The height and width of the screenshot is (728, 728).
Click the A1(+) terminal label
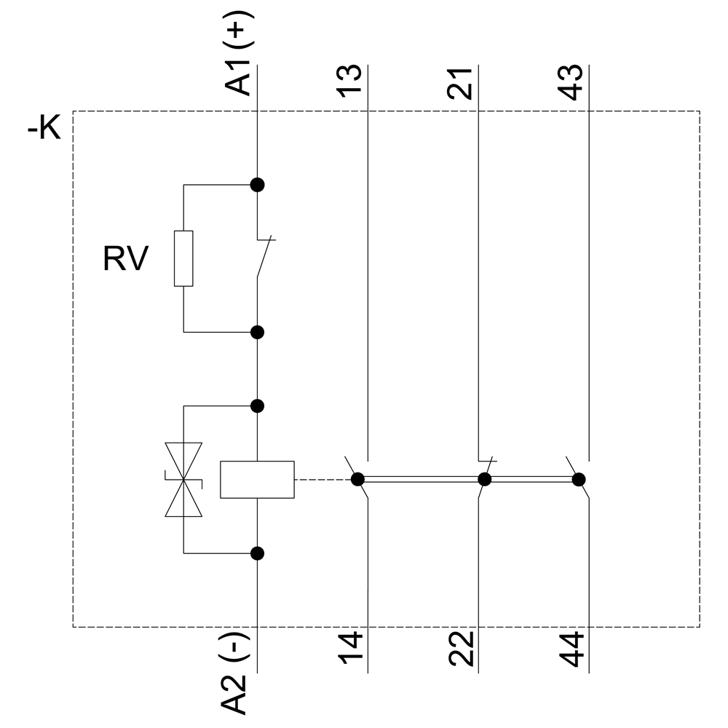click(x=240, y=61)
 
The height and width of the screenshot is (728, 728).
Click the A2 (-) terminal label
click(x=240, y=673)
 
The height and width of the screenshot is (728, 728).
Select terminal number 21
click(x=460, y=82)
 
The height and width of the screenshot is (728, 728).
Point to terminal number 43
click(x=571, y=82)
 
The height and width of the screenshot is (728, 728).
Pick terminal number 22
click(x=460, y=650)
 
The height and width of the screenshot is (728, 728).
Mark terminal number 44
click(x=571, y=650)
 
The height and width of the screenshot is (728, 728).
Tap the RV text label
click(x=125, y=258)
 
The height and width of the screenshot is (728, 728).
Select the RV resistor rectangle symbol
click(x=183, y=258)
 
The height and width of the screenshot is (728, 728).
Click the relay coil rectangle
click(x=257, y=480)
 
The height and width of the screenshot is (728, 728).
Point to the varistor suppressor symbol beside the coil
click(x=183, y=480)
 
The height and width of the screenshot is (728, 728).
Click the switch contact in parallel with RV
click(x=264, y=257)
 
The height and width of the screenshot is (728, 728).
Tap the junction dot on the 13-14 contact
click(x=357, y=479)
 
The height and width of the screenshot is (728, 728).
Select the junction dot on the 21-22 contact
click(x=484, y=479)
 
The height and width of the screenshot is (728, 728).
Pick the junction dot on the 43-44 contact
click(x=579, y=479)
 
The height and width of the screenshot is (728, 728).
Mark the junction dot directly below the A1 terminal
click(x=257, y=184)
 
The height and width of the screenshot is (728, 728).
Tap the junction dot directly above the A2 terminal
click(x=257, y=553)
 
